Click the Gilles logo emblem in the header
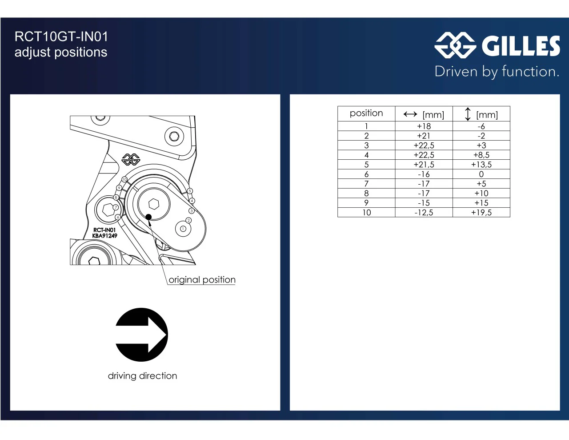coord(455,45)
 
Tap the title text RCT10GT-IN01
coord(61,36)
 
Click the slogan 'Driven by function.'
coord(497,72)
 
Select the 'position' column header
coord(366,113)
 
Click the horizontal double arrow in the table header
coord(410,114)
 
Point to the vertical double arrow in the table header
coord(468,114)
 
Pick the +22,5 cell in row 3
coord(424,145)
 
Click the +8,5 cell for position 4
coord(481,155)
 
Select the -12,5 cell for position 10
coord(424,213)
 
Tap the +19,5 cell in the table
coord(481,213)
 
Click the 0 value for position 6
coord(481,174)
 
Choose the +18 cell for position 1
coord(424,126)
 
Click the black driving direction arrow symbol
coord(141,335)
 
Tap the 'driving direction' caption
coord(142,376)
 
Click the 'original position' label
coord(202,280)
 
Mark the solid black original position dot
coord(148,217)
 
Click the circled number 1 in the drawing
coord(183,229)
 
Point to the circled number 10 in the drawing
coord(124,179)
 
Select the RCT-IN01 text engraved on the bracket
coord(104,230)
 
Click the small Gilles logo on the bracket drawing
coord(131,160)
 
